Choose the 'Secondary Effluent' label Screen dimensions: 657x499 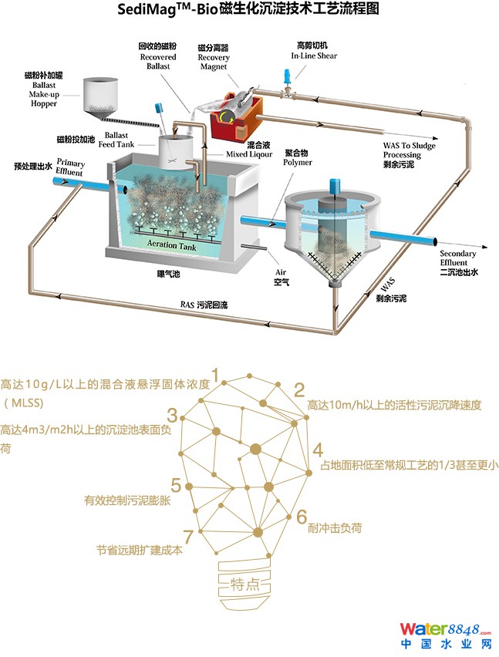coord(457,258)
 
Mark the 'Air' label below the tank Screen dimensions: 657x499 coord(282,272)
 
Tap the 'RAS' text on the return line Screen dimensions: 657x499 coord(186,305)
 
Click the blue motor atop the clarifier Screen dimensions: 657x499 coord(335,188)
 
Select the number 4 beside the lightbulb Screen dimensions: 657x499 coord(317,450)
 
